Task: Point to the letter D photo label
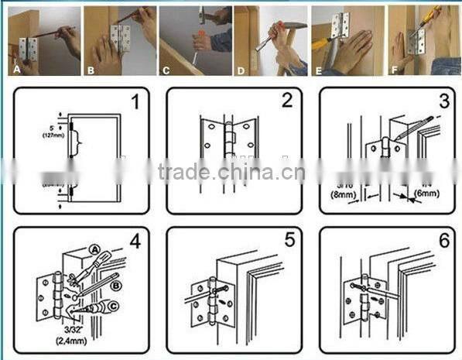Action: pyautogui.click(x=241, y=68)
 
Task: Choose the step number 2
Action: pyautogui.click(x=287, y=101)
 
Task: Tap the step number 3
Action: pyautogui.click(x=443, y=102)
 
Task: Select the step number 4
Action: pyautogui.click(x=135, y=241)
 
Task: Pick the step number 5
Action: pyautogui.click(x=289, y=241)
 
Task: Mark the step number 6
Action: pyautogui.click(x=443, y=241)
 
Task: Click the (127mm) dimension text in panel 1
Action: pyautogui.click(x=53, y=136)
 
